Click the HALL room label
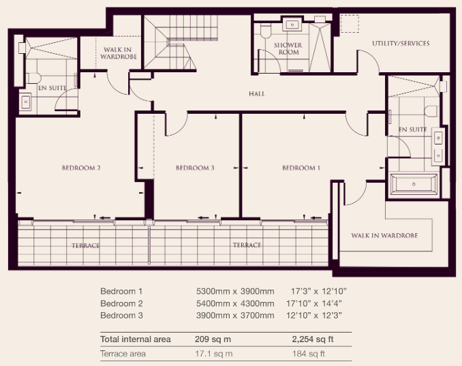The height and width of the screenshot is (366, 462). pyautogui.click(x=257, y=93)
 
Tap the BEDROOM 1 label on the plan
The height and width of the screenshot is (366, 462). pyautogui.click(x=301, y=168)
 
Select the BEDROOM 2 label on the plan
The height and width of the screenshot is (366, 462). pyautogui.click(x=81, y=168)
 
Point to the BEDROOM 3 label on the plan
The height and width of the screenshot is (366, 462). pyautogui.click(x=195, y=168)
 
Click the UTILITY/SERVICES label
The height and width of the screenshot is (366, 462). pyautogui.click(x=401, y=44)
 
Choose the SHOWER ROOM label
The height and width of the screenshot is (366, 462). pyautogui.click(x=288, y=48)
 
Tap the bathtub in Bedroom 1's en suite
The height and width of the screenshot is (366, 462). pyautogui.click(x=414, y=184)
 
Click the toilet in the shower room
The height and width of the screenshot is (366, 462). pyautogui.click(x=266, y=31)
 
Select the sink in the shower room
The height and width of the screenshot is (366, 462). pyautogui.click(x=292, y=25)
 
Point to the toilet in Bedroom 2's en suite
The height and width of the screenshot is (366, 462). pyautogui.click(x=33, y=78)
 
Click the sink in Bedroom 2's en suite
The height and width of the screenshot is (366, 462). pyautogui.click(x=26, y=102)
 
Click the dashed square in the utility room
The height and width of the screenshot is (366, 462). pyautogui.click(x=350, y=24)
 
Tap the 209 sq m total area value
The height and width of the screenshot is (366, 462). pyautogui.click(x=213, y=339)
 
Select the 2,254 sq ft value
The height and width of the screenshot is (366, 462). pyautogui.click(x=313, y=339)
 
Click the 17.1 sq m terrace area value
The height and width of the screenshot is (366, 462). pyautogui.click(x=213, y=354)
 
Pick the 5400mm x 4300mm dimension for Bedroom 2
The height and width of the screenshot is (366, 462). pyautogui.click(x=235, y=303)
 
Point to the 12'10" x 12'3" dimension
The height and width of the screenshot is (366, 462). pyautogui.click(x=314, y=316)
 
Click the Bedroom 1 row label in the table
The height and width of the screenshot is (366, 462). pyautogui.click(x=121, y=291)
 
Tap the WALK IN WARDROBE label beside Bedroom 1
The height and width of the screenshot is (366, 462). pyautogui.click(x=384, y=235)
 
